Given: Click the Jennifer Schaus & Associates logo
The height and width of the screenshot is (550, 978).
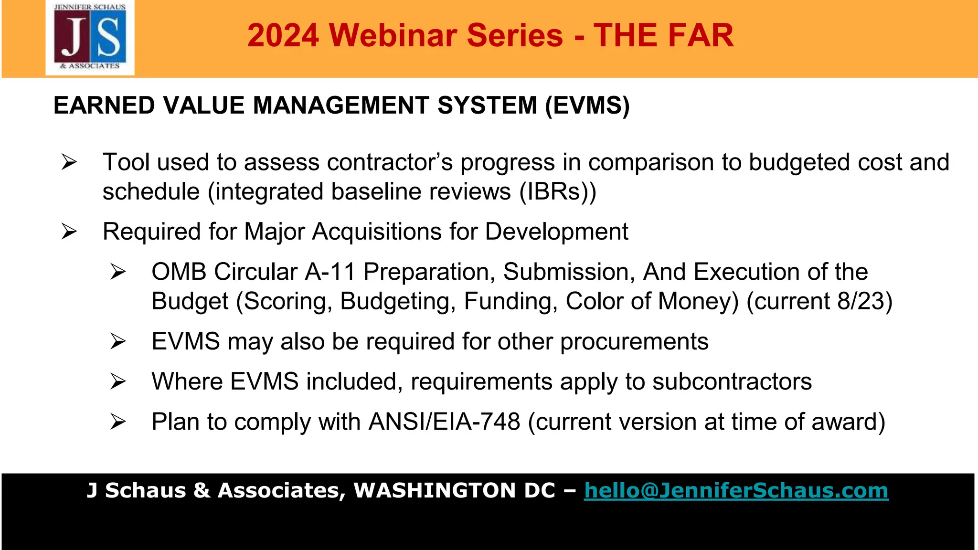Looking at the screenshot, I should tap(90, 38).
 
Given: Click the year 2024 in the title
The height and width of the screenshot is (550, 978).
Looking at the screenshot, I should tap(283, 36).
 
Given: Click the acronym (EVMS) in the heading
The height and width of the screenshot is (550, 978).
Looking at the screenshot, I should tap(587, 106).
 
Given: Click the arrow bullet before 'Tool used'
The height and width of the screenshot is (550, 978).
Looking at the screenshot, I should tap(69, 162).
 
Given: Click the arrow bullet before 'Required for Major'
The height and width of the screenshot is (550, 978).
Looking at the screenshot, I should tap(69, 232).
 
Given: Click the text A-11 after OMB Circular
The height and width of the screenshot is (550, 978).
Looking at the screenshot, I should tap(330, 272).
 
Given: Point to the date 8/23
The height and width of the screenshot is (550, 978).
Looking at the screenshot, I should tap(860, 302).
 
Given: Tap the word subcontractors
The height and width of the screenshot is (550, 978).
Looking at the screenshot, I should tap(732, 382).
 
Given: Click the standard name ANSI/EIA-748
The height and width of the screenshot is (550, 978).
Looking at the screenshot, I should tap(444, 422).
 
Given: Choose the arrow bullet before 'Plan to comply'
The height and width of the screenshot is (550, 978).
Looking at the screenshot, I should tap(118, 422).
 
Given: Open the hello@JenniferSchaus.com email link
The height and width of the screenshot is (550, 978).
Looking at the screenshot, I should tap(736, 491).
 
